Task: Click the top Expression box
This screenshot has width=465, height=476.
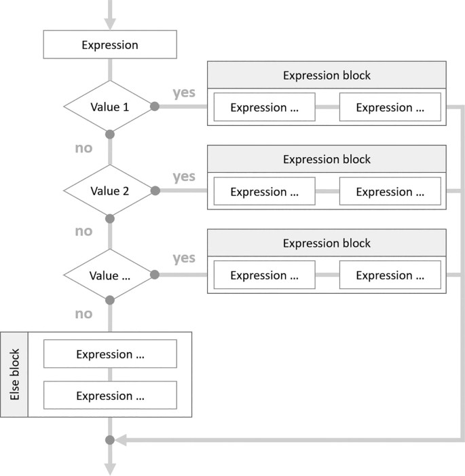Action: click(x=110, y=46)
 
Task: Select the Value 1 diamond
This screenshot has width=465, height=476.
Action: click(x=109, y=107)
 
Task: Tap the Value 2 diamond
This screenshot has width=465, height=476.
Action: click(x=109, y=191)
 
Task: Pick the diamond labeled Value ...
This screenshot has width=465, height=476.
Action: click(x=109, y=275)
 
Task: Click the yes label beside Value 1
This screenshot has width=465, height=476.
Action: click(x=184, y=92)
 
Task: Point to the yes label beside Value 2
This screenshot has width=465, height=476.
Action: click(x=184, y=177)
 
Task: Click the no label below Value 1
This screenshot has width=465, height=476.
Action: click(x=83, y=148)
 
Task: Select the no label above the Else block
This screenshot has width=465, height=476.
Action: click(x=83, y=314)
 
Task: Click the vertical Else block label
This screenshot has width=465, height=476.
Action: click(x=14, y=375)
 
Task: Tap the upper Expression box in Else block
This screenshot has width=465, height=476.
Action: click(x=110, y=354)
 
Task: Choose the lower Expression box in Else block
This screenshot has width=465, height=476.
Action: click(x=110, y=396)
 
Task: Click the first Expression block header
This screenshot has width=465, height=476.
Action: click(x=327, y=75)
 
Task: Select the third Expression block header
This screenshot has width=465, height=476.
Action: click(x=327, y=243)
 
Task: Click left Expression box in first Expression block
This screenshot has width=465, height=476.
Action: click(x=264, y=107)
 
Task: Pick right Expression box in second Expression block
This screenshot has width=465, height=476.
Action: click(x=390, y=192)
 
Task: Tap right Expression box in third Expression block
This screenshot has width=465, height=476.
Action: click(x=390, y=275)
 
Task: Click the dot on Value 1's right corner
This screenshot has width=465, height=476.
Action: click(x=155, y=107)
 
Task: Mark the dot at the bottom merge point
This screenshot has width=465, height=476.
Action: click(x=110, y=439)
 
